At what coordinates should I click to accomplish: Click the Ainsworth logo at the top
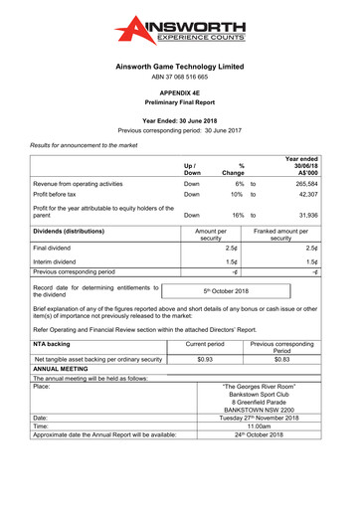pos(179,34)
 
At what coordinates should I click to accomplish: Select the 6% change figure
pos(240,184)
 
